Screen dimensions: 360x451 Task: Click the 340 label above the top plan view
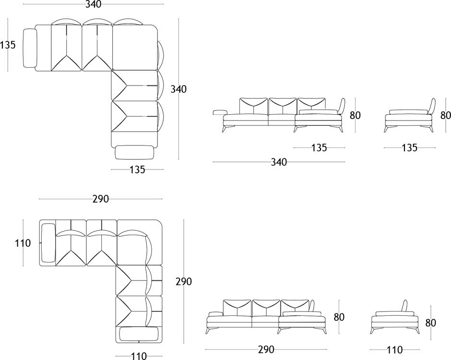click(x=94, y=5)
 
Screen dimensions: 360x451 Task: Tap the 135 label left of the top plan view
click(x=8, y=45)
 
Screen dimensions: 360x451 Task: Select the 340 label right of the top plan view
click(x=178, y=89)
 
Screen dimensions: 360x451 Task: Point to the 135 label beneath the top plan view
click(x=137, y=169)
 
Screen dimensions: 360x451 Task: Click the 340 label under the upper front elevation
click(x=279, y=162)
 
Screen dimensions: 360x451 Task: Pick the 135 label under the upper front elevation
click(x=319, y=148)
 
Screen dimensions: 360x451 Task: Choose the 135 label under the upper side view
click(x=409, y=148)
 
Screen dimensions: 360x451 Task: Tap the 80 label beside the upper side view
click(x=446, y=115)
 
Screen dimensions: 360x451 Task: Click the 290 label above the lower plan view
click(x=101, y=199)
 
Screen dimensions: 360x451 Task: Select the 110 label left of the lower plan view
click(x=22, y=243)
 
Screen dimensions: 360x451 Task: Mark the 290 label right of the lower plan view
click(x=183, y=281)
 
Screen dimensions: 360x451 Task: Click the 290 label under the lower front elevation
click(x=266, y=349)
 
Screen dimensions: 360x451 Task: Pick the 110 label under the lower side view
click(x=394, y=351)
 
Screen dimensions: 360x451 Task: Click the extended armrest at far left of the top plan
click(x=30, y=48)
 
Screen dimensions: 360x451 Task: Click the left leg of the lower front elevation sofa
click(x=208, y=330)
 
